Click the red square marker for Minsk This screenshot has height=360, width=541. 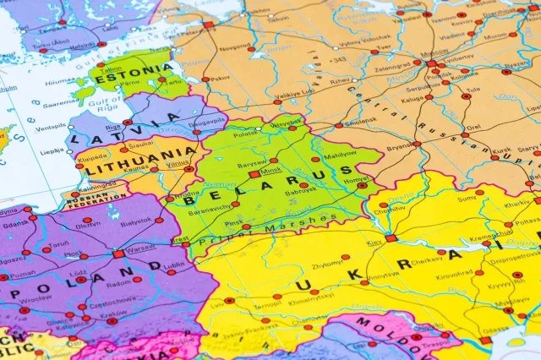(x=254, y=173)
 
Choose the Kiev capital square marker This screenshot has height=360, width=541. (x=391, y=238)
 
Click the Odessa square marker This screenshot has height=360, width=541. (x=485, y=340)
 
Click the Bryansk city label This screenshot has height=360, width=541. (x=400, y=147)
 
